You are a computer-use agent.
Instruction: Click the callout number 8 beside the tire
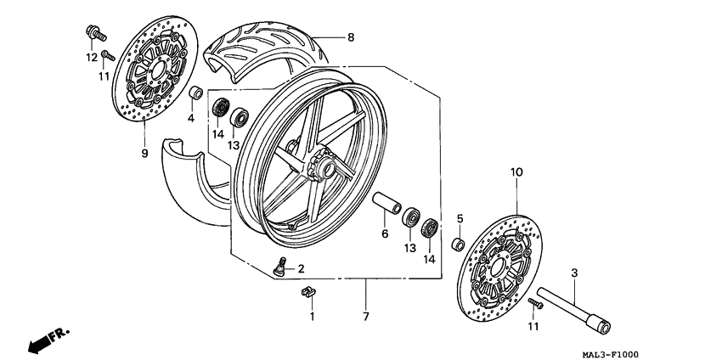coord(349,37)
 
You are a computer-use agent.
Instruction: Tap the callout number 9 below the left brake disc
coord(144,153)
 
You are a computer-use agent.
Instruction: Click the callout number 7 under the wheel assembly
coord(366,316)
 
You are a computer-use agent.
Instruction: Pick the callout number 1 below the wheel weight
coord(311,316)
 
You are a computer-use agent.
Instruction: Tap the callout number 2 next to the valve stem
coord(301,268)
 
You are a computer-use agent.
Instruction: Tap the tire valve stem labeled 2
coord(279,266)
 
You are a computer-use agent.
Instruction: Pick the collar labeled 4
coord(195,93)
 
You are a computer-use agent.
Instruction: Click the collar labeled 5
coord(458,245)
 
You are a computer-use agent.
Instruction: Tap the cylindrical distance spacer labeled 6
coord(386,206)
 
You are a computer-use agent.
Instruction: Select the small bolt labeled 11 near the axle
coord(536,302)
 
